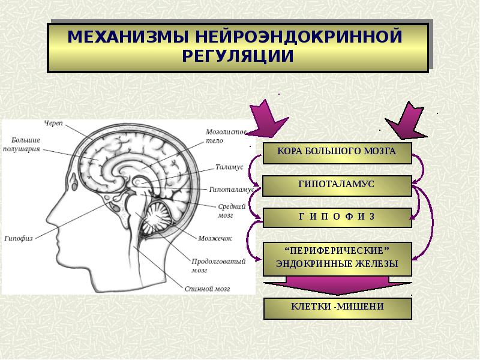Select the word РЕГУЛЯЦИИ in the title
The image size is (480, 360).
(238, 56)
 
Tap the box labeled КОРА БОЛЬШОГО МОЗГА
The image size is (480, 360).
(337, 152)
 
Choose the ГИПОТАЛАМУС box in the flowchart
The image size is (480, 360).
(337, 185)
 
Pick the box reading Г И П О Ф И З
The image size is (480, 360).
(337, 217)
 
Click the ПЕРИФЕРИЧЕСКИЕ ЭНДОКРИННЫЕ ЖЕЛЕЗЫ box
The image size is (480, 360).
(337, 257)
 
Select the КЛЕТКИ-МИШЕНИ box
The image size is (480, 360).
(337, 307)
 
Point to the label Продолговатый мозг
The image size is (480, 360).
(210, 265)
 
